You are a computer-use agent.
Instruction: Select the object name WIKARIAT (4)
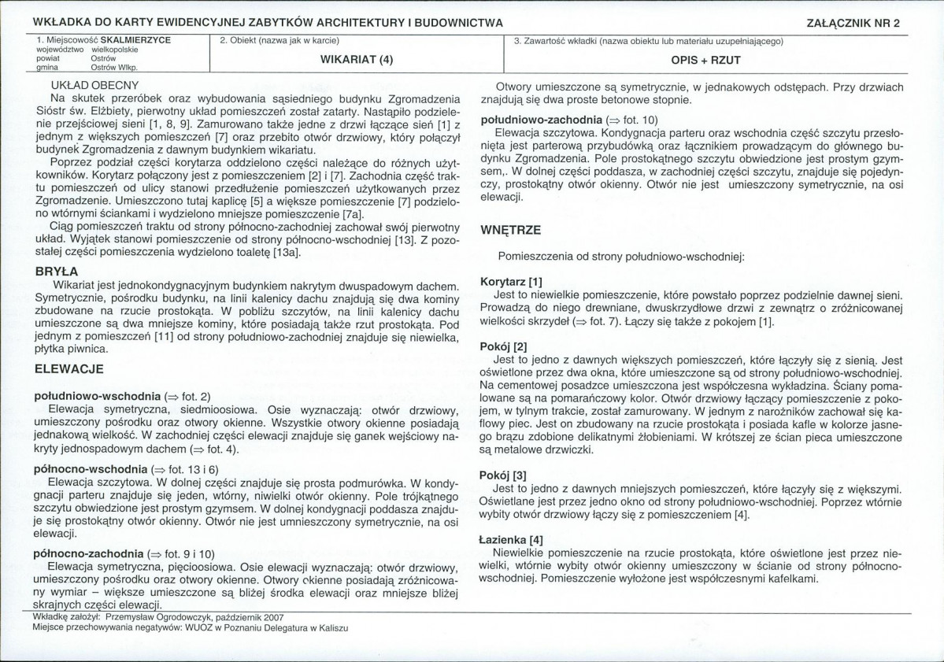click(x=357, y=59)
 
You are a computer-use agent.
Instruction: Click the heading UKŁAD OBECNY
click(x=94, y=85)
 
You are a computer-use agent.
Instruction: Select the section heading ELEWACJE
click(x=69, y=368)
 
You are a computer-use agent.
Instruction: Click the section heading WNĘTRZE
click(x=510, y=231)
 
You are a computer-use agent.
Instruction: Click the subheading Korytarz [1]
click(x=512, y=282)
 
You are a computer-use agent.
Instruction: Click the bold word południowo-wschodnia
click(x=97, y=395)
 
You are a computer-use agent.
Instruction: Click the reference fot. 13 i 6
click(x=193, y=468)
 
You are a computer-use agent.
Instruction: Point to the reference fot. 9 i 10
click(x=189, y=553)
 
